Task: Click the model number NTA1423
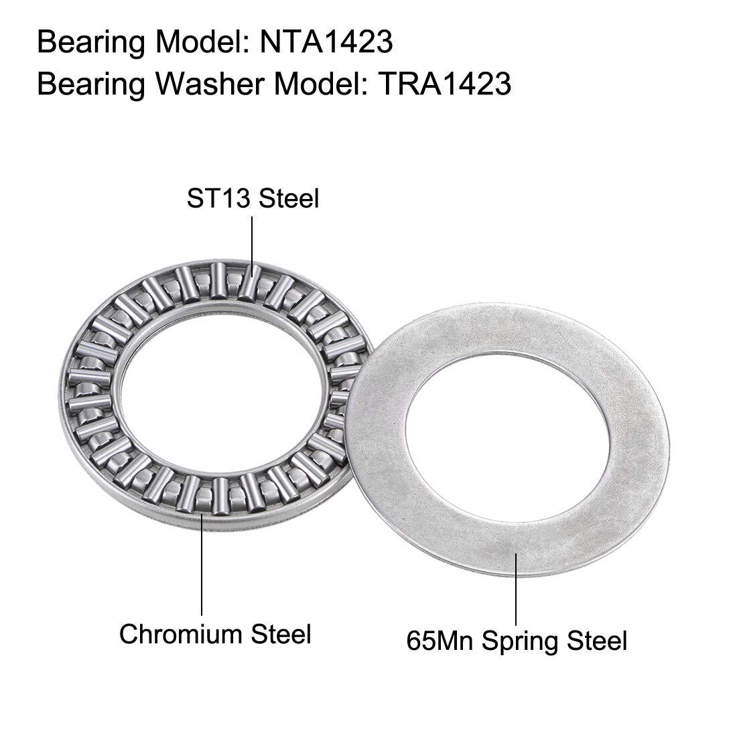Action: (x=326, y=42)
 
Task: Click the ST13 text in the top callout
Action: (x=220, y=198)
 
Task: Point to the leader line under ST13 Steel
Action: (x=253, y=247)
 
